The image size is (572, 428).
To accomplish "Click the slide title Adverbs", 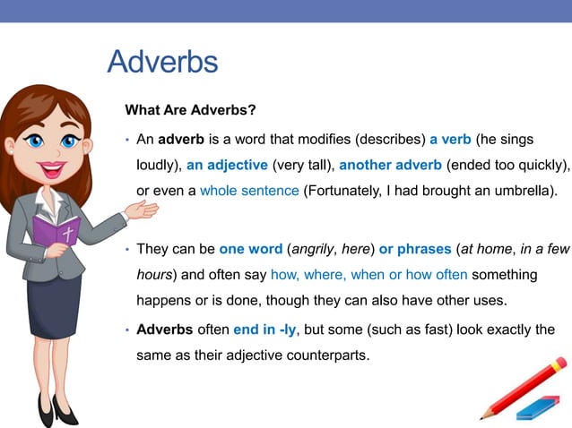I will point(162,62).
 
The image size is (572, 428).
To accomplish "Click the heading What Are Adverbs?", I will point(190,110).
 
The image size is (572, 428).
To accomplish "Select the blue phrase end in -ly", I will point(264,330).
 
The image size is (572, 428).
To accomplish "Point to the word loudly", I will point(159,166).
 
